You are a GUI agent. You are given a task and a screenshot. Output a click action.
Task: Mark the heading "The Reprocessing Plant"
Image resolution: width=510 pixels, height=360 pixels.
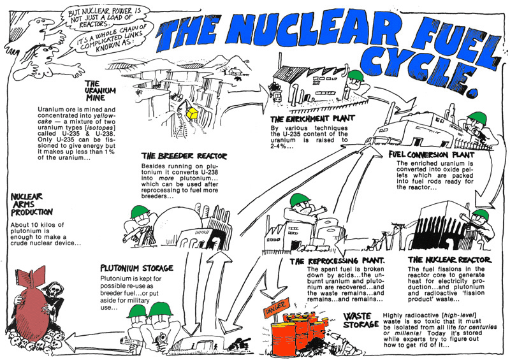337,261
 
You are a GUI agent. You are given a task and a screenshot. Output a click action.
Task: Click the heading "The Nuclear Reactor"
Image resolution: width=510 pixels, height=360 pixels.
449,260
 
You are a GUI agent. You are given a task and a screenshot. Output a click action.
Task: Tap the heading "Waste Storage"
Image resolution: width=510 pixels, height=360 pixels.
361,321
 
